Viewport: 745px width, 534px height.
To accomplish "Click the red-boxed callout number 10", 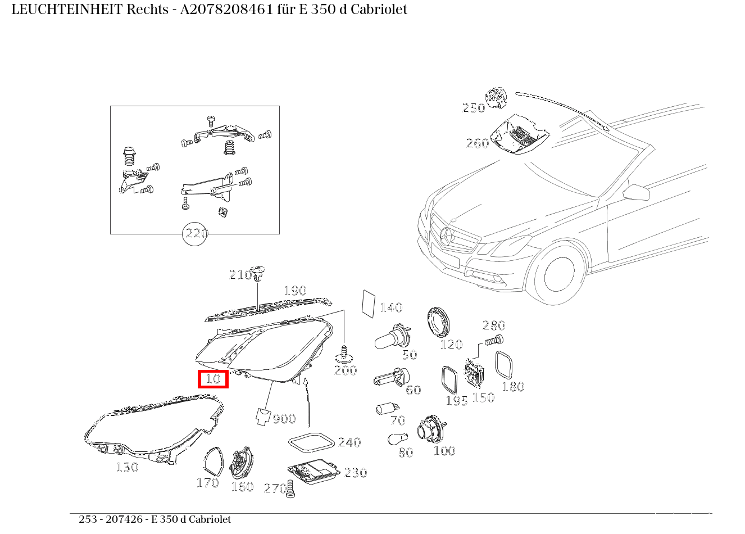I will click(213, 379).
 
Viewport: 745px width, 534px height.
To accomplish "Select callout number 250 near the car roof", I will click(473, 108).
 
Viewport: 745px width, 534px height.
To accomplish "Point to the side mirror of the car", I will click(637, 192).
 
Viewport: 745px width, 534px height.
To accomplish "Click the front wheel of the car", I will click(559, 273).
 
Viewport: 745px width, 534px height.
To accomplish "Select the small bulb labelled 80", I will click(396, 438).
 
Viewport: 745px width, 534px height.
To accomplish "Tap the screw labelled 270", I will click(290, 488).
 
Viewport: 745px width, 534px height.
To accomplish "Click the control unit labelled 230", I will click(313, 472).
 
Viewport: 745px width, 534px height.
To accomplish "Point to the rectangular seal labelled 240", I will click(310, 442).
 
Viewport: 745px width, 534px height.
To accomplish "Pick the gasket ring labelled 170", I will click(212, 463).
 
